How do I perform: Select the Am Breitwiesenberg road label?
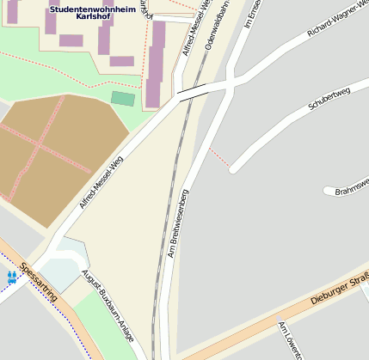tap(178, 223)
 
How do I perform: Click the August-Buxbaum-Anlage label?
tap(108, 306)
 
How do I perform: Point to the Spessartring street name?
tap(39, 281)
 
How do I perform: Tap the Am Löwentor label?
tap(292, 340)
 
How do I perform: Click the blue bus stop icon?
tap(12, 277)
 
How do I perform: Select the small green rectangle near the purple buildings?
tap(123, 99)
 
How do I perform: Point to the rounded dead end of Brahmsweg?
tap(328, 190)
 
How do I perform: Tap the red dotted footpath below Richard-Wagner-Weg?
tap(218, 158)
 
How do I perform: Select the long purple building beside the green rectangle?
tap(156, 65)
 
